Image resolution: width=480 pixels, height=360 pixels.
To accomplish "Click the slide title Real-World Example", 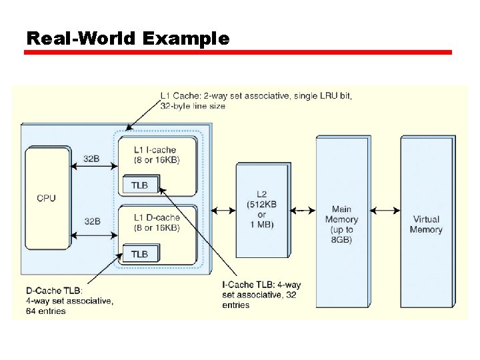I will coord(127,39).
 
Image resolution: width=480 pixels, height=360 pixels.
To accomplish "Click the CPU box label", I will coord(46,198).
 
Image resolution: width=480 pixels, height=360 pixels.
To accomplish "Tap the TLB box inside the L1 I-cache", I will coord(139,185).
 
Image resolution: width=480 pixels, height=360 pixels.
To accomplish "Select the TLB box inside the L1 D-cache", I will coord(139,254).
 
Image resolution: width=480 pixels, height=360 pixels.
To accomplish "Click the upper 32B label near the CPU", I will coord(91,160).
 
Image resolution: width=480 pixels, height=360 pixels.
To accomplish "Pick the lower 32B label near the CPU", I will coord(91,221).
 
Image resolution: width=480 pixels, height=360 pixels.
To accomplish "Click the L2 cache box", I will coord(261,210).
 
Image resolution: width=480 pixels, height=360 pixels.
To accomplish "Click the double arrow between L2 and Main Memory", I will coord(304,211).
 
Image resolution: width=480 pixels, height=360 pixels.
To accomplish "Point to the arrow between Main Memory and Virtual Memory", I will coord(384,211).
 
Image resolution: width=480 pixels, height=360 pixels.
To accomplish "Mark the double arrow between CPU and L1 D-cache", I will coord(93,235).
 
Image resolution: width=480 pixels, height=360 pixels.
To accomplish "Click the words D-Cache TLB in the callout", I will coord(53,291).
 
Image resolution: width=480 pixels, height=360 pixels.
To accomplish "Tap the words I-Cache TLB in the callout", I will coord(249,285).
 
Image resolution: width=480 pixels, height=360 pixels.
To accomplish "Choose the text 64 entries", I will coord(46,311).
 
